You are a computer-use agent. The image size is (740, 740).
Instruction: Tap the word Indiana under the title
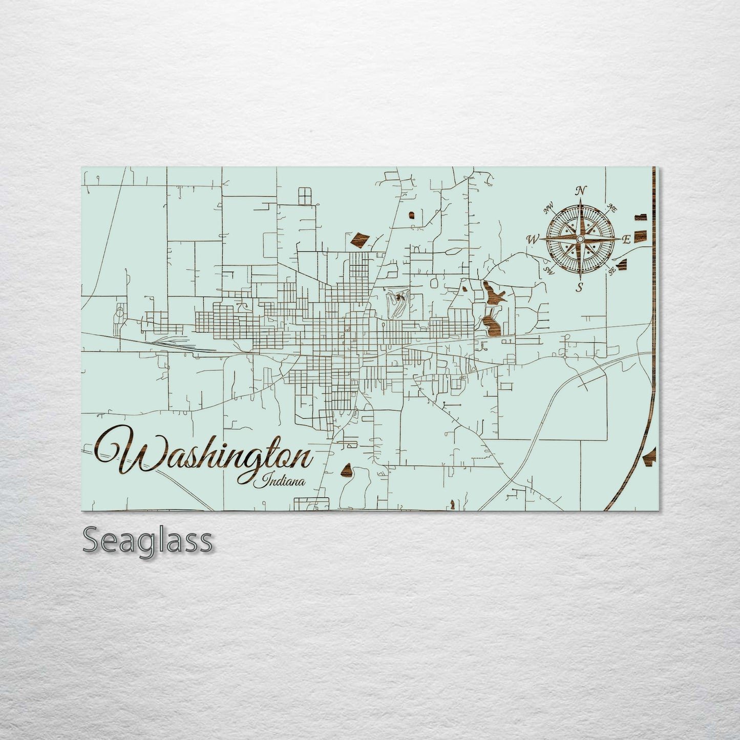[283, 481]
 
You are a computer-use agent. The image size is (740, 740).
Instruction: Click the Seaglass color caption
[147, 540]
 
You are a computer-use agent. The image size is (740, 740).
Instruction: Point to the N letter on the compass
[580, 191]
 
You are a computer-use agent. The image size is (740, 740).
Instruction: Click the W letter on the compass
[533, 239]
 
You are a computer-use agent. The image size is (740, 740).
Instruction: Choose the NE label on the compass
[611, 207]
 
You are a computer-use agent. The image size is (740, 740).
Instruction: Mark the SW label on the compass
[549, 270]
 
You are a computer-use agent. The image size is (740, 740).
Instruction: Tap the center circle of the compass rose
[580, 239]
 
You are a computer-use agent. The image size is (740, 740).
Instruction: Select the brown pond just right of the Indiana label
[347, 471]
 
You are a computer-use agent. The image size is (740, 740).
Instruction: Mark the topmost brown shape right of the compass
[640, 217]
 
